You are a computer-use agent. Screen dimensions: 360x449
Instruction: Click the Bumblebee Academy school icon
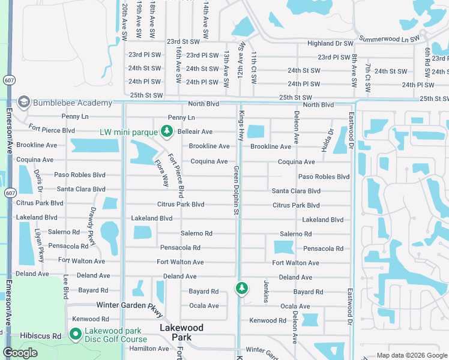click(x=24, y=102)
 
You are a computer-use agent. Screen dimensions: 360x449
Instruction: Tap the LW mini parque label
click(x=128, y=131)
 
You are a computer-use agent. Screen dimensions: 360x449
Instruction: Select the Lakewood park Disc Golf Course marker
click(x=76, y=334)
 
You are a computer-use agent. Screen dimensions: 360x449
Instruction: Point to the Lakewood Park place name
click(x=181, y=332)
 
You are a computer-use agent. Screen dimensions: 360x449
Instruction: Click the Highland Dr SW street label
click(x=330, y=43)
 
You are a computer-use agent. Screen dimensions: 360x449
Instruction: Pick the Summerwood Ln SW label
click(x=388, y=38)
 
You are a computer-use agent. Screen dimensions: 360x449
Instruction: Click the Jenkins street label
click(x=265, y=291)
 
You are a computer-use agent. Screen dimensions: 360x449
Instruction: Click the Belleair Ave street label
click(x=194, y=131)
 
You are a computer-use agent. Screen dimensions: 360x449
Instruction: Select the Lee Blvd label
click(x=65, y=287)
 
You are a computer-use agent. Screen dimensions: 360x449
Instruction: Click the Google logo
click(x=20, y=353)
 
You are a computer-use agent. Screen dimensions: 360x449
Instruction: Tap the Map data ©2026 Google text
click(x=411, y=355)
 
